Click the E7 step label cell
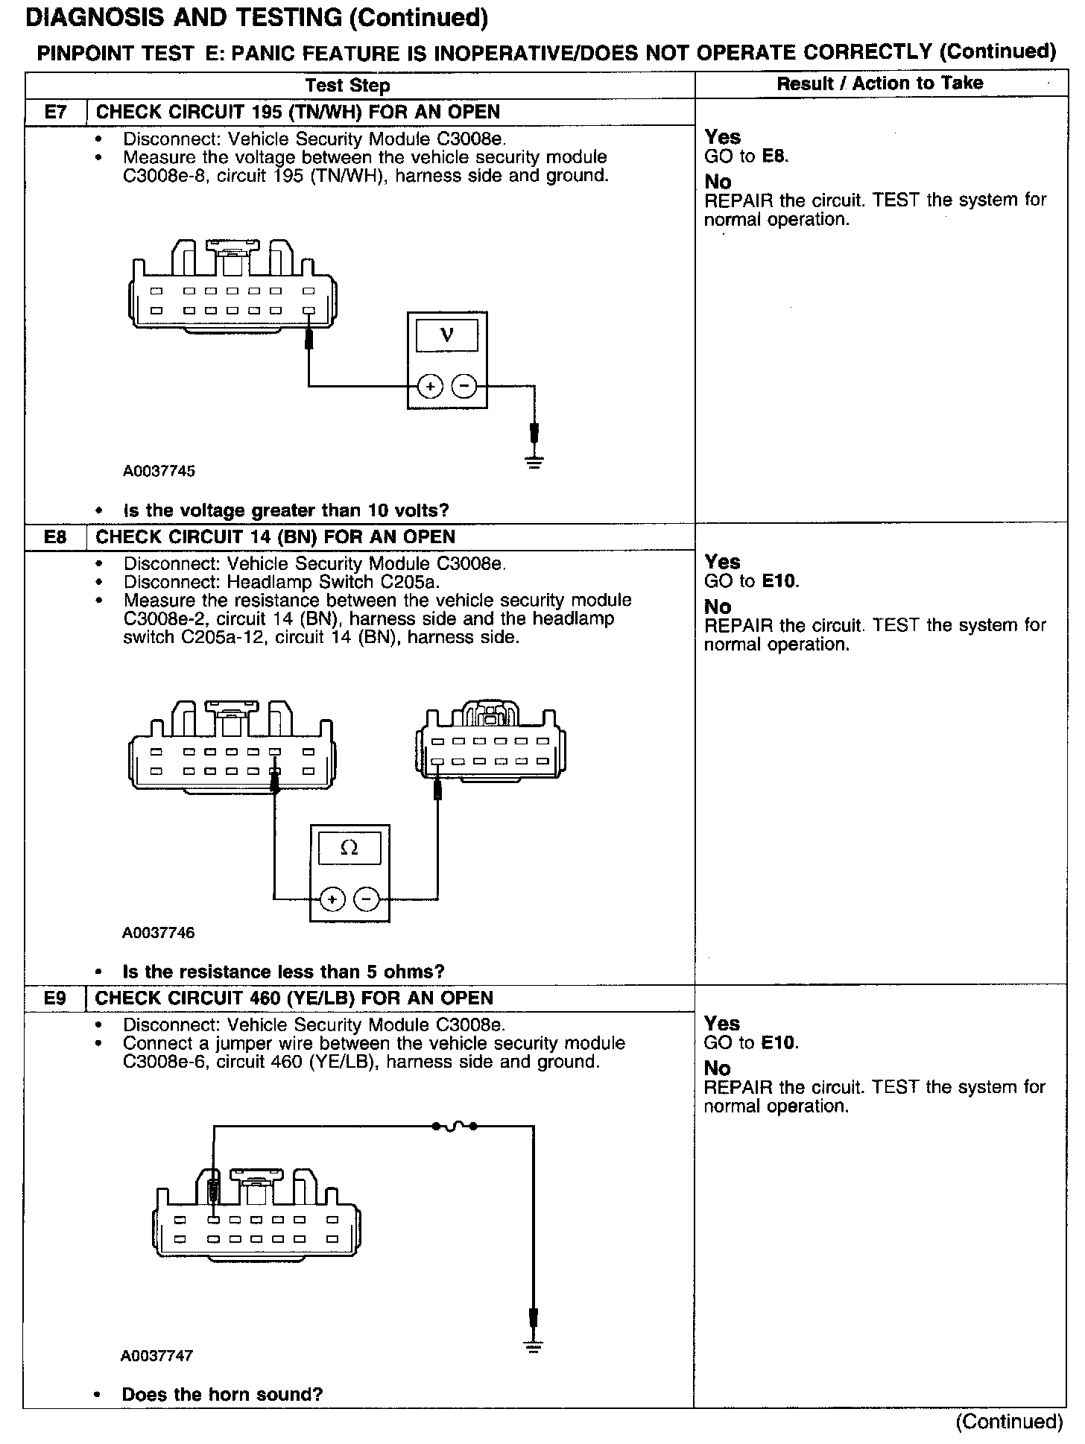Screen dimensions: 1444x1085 coord(56,113)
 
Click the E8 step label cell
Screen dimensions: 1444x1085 coord(56,537)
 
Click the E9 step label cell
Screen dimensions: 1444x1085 coord(55,998)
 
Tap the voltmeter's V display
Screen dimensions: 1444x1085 coord(447,335)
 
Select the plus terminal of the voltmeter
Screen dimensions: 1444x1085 coord(430,386)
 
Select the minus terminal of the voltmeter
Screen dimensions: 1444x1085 coord(464,386)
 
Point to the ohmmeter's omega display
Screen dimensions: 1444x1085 coord(349,848)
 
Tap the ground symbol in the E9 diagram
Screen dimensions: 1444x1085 coord(533,1347)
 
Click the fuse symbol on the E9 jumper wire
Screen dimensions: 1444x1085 coord(454,1126)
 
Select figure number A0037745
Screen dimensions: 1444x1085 coord(159,471)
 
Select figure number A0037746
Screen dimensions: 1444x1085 coord(159,933)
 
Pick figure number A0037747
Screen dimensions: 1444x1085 coord(157,1356)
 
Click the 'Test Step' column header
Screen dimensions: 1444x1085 coord(348,86)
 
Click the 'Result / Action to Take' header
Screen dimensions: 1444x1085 coord(879,83)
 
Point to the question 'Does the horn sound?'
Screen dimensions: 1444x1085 coord(222,1394)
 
